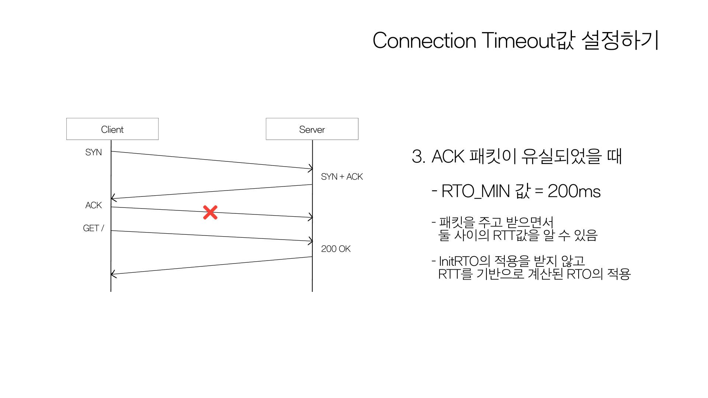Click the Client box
point(112,129)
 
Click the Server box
point(312,129)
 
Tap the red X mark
point(210,213)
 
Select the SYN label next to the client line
point(93,152)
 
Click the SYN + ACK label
point(342,177)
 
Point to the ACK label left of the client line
point(93,205)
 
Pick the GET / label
point(93,228)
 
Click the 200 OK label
point(336,249)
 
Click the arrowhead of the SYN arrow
point(310,168)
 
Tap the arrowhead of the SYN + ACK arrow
point(114,198)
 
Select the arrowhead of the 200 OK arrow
point(113,274)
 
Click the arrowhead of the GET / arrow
point(310,241)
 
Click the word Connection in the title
point(424,41)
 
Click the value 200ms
point(574,191)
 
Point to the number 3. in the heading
point(419,157)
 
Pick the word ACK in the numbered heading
point(448,157)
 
